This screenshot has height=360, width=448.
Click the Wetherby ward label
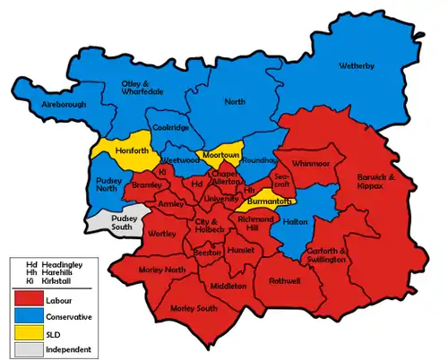click(358, 66)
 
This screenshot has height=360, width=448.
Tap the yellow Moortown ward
click(220, 155)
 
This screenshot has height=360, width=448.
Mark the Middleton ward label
click(228, 286)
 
